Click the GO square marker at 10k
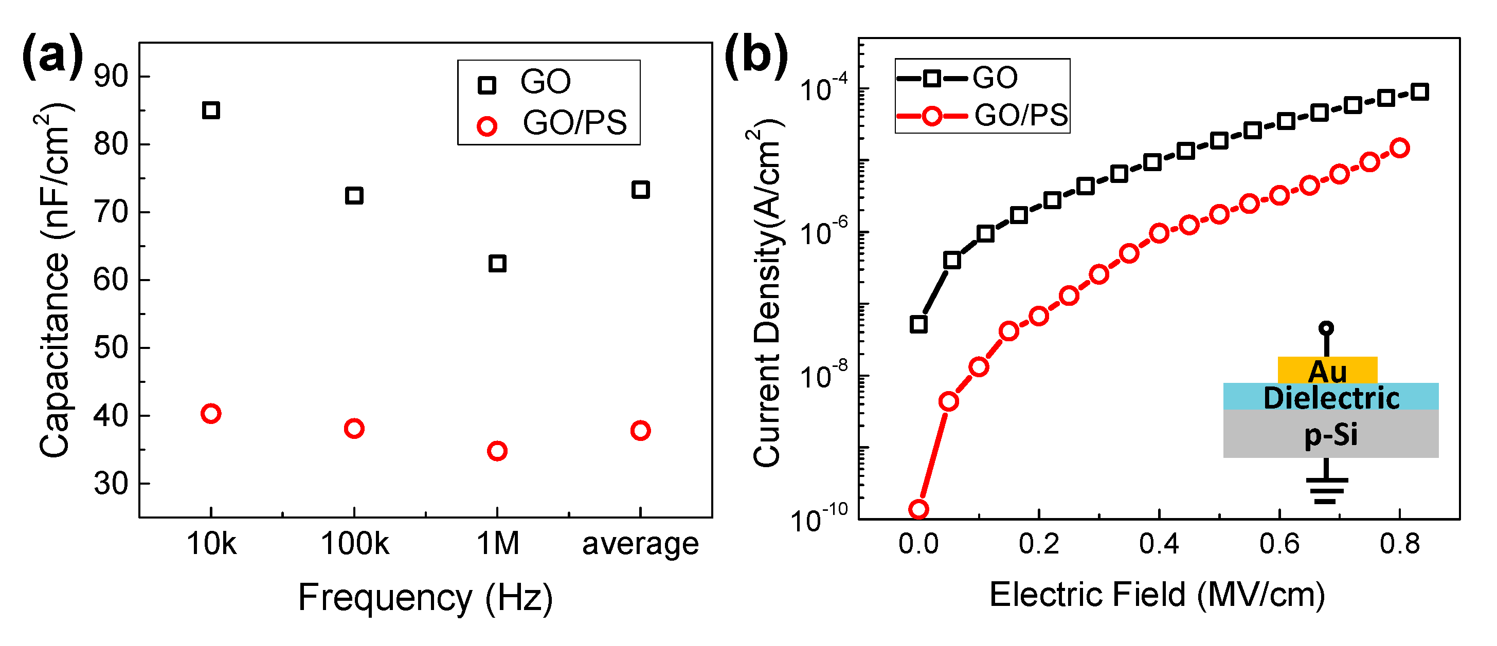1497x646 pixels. click(x=211, y=110)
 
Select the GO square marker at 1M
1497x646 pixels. click(x=497, y=263)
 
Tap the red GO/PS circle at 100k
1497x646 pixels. click(x=354, y=429)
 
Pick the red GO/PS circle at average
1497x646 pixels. click(x=640, y=431)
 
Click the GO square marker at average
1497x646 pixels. click(x=640, y=190)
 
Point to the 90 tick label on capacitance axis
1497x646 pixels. click(x=111, y=76)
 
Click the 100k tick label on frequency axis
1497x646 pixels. click(x=354, y=544)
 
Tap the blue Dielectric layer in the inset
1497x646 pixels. click(x=1331, y=397)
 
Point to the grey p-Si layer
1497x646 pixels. click(x=1331, y=435)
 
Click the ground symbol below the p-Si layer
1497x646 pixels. click(x=1327, y=488)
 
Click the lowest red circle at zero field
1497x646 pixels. click(x=918, y=509)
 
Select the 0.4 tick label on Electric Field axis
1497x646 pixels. click(x=1159, y=544)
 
